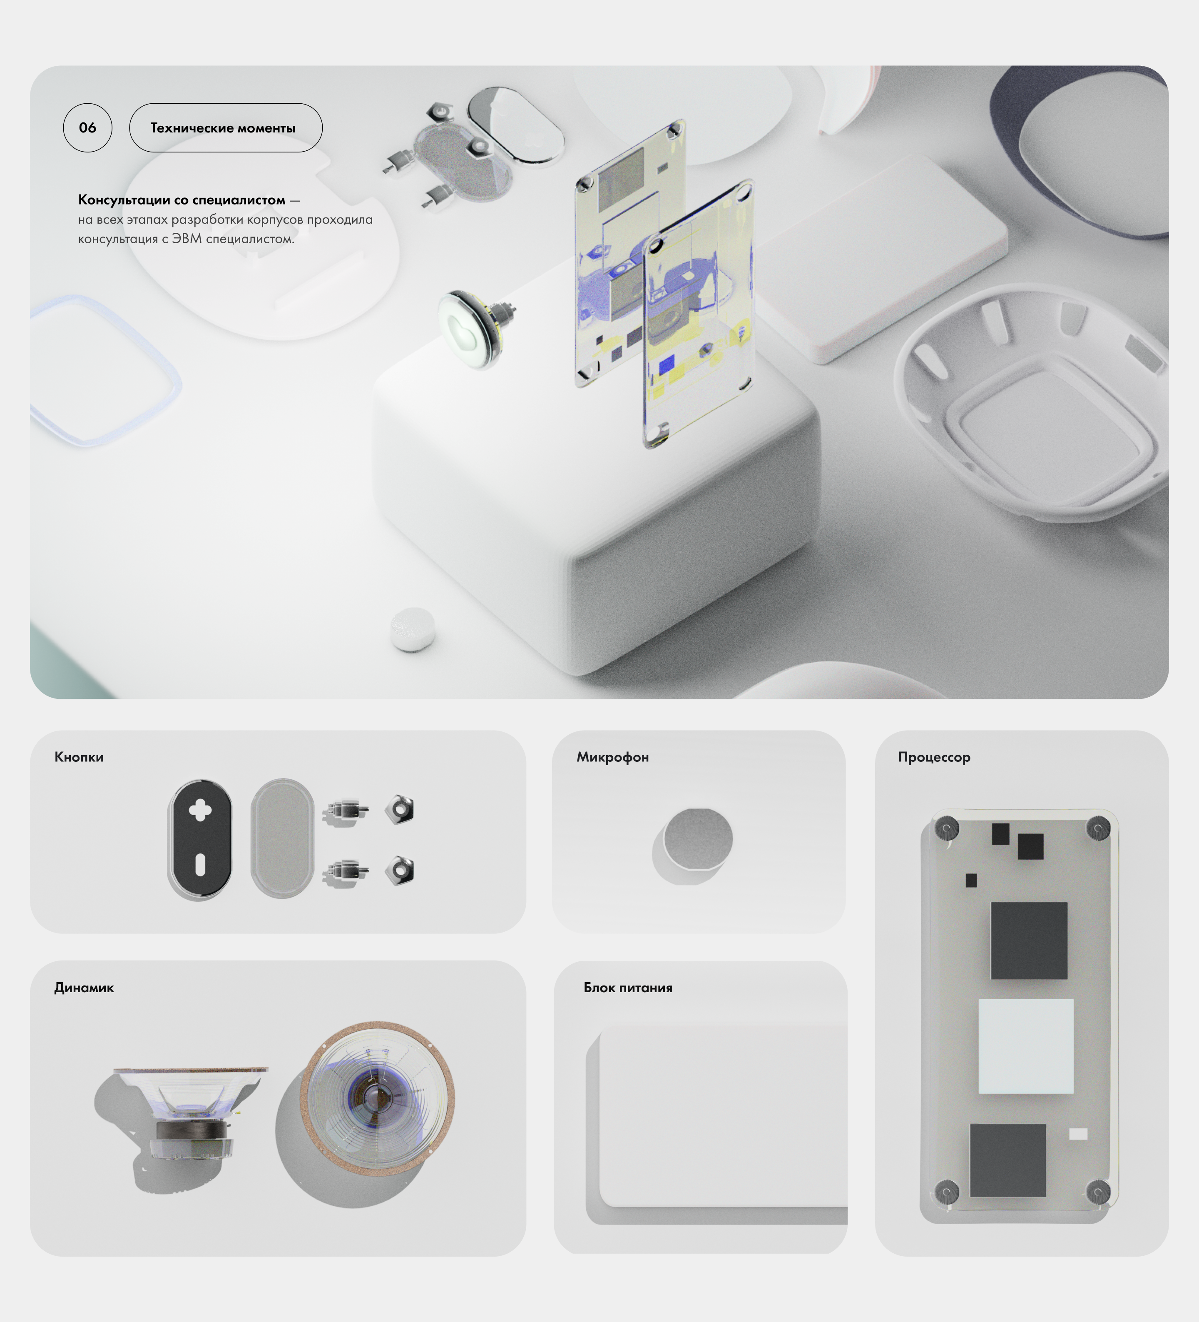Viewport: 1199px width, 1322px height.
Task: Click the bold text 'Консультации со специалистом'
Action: (x=182, y=200)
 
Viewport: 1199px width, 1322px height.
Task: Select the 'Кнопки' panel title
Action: (x=79, y=757)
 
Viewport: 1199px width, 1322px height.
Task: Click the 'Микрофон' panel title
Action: (x=613, y=757)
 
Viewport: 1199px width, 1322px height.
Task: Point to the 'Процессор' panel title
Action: (x=934, y=757)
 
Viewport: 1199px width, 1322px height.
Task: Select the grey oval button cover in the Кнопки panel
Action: (x=282, y=838)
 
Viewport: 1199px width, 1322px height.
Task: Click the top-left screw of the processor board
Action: (x=946, y=828)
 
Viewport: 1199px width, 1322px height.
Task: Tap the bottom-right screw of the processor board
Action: (x=1098, y=1191)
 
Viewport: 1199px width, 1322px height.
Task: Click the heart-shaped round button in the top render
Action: (x=466, y=329)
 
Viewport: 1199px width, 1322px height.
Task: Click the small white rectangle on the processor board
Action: (x=1078, y=1134)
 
